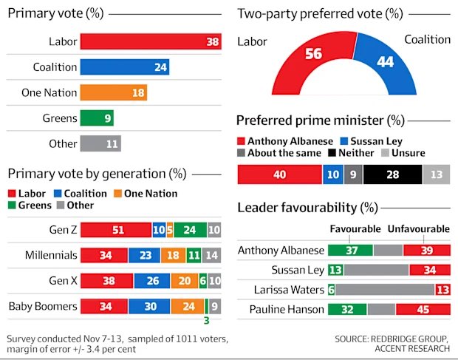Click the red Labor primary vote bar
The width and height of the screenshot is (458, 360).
pyautogui.click(x=151, y=42)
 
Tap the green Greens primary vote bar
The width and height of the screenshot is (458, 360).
pyautogui.click(x=96, y=118)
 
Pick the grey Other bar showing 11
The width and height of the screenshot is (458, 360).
pyautogui.click(x=100, y=143)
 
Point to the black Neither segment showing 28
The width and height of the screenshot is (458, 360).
pyautogui.click(x=392, y=174)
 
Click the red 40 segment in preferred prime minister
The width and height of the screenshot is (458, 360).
pyautogui.click(x=279, y=174)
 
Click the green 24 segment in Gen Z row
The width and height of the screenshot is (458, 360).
pyautogui.click(x=190, y=230)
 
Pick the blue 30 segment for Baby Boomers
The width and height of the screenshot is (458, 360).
pyautogui.click(x=149, y=306)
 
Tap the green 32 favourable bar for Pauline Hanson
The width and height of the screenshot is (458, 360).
pyautogui.click(x=347, y=309)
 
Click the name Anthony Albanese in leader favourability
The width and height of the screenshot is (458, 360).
pyautogui.click(x=281, y=250)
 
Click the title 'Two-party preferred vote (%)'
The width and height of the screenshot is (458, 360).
pyautogui.click(x=320, y=13)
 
